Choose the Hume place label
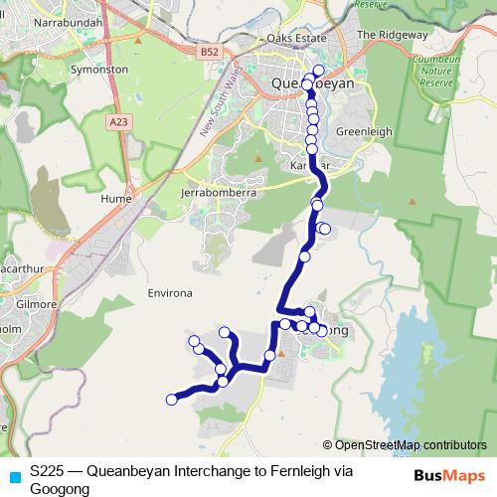(x=116, y=198)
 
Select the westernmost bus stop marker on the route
(x=171, y=400)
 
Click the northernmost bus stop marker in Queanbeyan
(x=318, y=71)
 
